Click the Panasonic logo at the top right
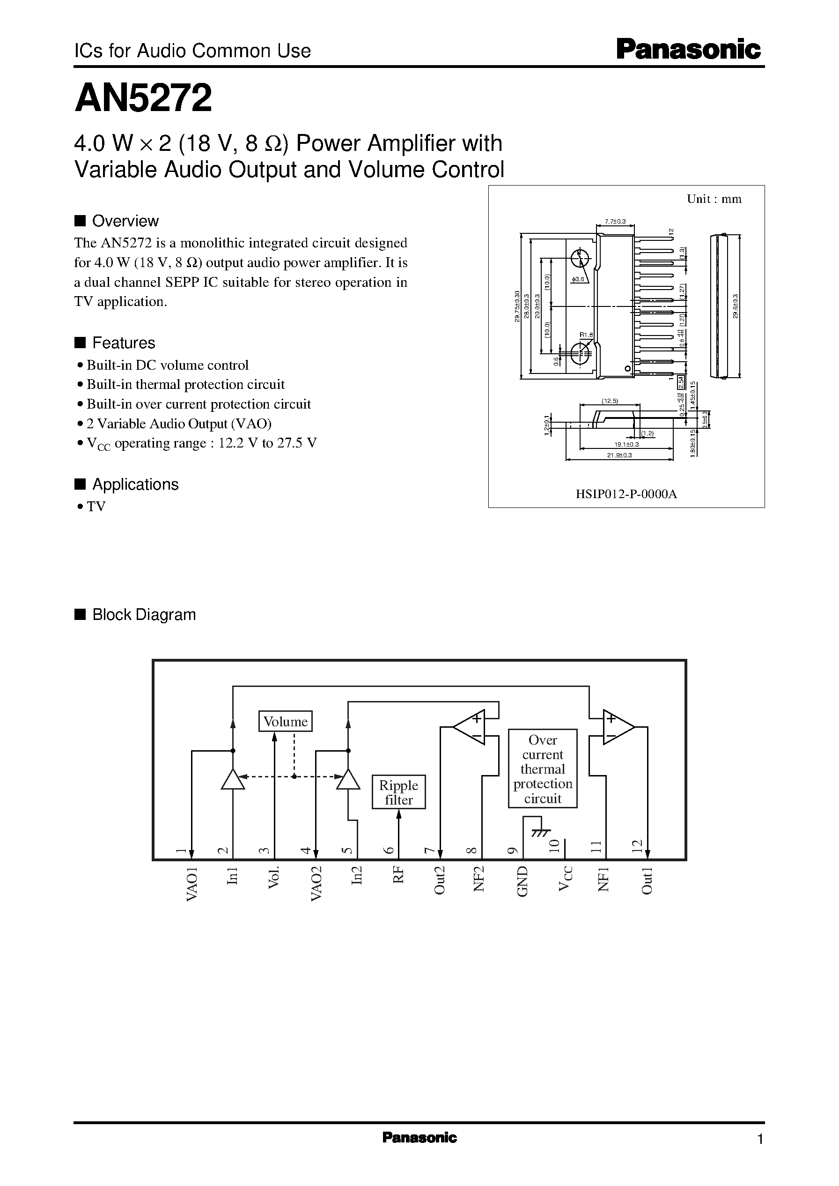[x=688, y=50]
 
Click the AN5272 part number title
[x=143, y=98]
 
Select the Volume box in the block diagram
[x=285, y=721]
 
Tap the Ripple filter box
[x=398, y=792]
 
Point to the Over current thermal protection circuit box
[x=543, y=769]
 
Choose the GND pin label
[x=523, y=881]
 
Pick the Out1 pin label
[x=647, y=880]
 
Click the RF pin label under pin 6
[x=398, y=875]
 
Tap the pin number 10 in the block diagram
[x=554, y=846]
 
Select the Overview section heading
[x=125, y=221]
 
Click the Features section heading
[x=124, y=343]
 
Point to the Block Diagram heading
[x=144, y=615]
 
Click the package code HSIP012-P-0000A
[x=626, y=494]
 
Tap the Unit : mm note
[x=714, y=199]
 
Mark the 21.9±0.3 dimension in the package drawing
[x=619, y=455]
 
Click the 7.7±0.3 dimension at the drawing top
[x=615, y=222]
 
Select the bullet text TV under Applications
[x=96, y=507]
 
